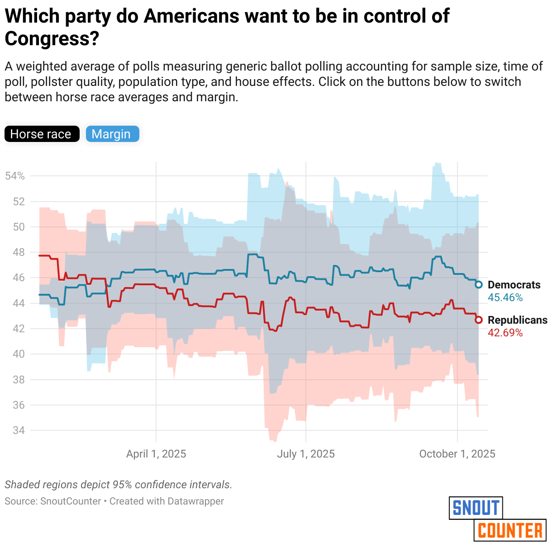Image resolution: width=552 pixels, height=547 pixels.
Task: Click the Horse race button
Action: (x=42, y=134)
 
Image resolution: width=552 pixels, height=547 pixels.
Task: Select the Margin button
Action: (x=112, y=134)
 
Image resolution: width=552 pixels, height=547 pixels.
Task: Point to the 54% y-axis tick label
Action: (x=15, y=176)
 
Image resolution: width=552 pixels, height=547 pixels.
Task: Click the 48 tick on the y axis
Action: (x=19, y=252)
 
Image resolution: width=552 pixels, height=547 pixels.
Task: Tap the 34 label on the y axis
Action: (x=19, y=430)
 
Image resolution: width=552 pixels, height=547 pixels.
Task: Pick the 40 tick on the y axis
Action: (x=19, y=354)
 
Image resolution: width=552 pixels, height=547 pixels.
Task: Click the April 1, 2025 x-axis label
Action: (x=156, y=454)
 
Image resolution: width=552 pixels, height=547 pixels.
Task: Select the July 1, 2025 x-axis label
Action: (x=306, y=454)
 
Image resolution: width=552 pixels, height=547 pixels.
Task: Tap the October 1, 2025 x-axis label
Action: (x=457, y=454)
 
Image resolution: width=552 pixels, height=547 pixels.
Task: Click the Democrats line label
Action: (x=514, y=285)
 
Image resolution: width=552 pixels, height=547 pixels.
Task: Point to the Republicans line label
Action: (x=518, y=320)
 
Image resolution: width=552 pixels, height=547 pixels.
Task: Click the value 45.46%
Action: (x=505, y=298)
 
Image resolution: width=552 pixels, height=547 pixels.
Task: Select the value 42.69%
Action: (x=505, y=333)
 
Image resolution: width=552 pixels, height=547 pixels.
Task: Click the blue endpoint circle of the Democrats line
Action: (x=479, y=284)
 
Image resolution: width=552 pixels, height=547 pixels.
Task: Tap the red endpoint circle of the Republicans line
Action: (x=479, y=320)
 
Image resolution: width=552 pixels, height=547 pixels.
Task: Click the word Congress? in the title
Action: (x=52, y=39)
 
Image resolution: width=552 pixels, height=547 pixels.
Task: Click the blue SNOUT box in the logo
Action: (x=476, y=508)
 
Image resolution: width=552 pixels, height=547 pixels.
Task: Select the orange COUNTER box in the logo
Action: (x=510, y=530)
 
